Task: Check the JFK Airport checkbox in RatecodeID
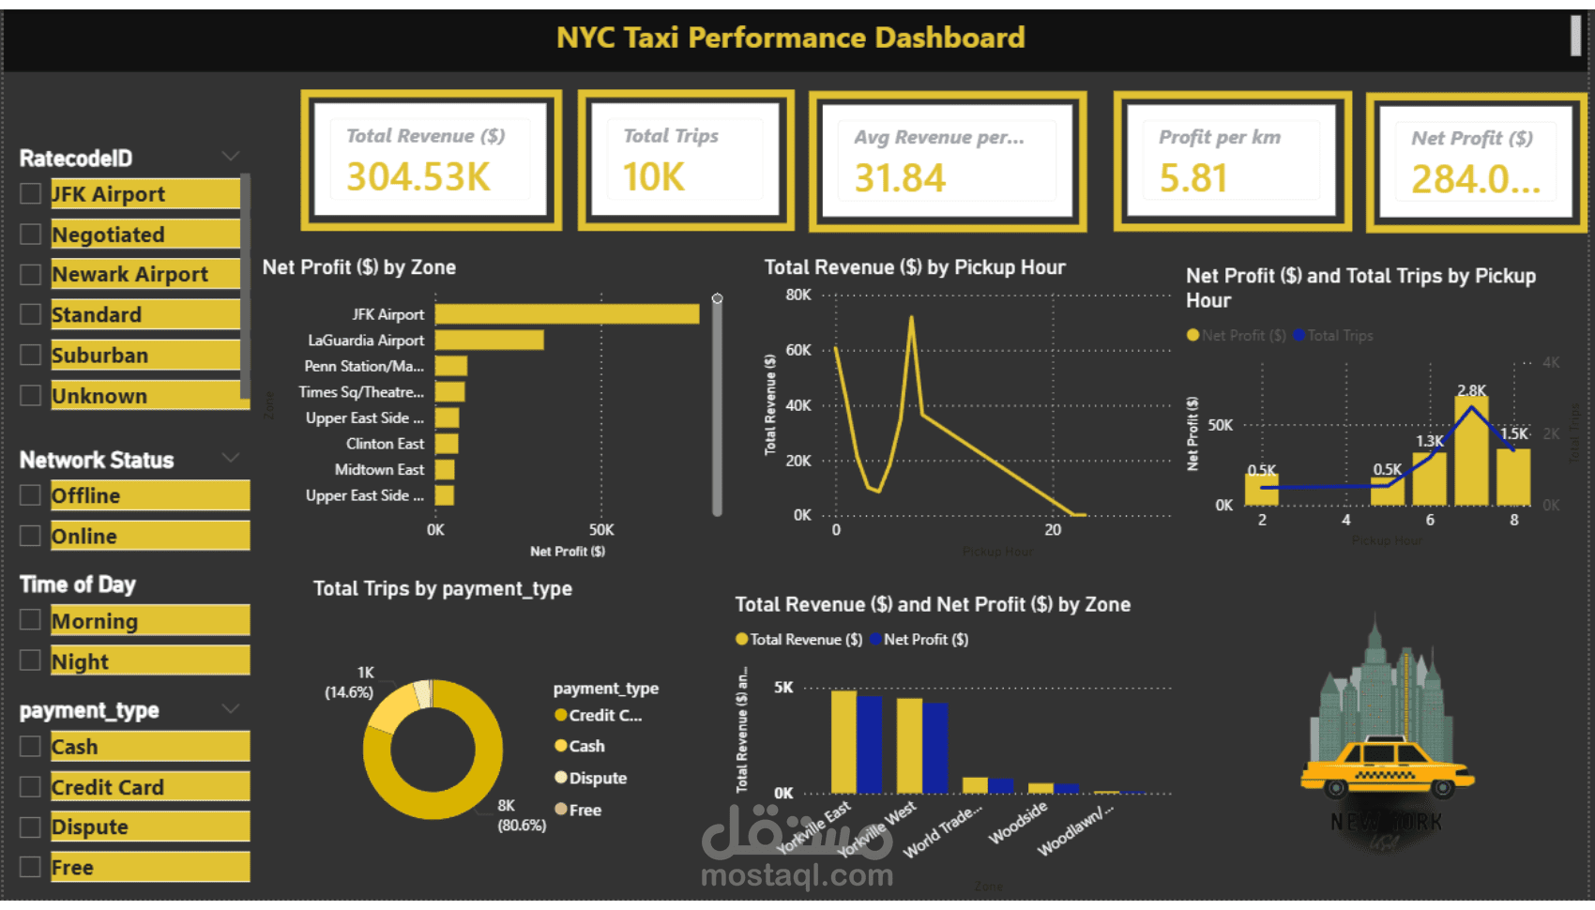(x=31, y=194)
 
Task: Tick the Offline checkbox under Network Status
(x=31, y=495)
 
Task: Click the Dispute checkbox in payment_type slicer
(x=31, y=827)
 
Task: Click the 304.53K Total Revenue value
(x=418, y=177)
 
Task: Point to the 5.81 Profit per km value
(x=1192, y=178)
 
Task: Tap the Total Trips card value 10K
(x=654, y=177)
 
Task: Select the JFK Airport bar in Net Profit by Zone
(x=567, y=314)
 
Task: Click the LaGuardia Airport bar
(x=489, y=341)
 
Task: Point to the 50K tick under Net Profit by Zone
(x=601, y=530)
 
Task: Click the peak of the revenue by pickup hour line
(x=911, y=318)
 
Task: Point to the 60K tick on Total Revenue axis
(x=798, y=350)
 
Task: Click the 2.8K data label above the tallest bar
(x=1471, y=390)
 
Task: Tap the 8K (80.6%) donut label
(x=521, y=815)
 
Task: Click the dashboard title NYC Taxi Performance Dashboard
(x=790, y=38)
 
